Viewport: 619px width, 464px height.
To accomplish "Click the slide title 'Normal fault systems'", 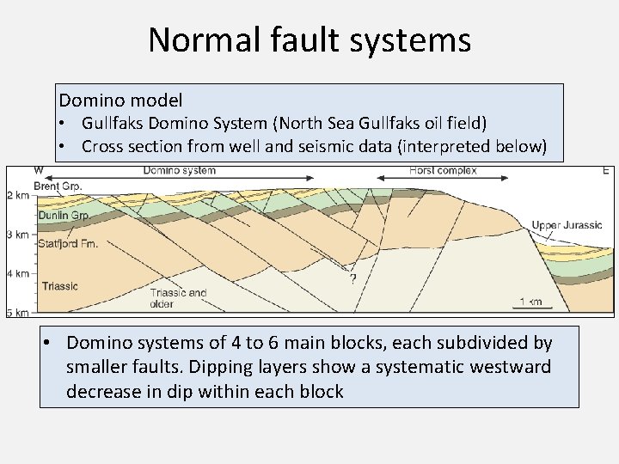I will click(309, 40).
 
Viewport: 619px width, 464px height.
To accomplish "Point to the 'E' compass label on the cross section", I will click(605, 171).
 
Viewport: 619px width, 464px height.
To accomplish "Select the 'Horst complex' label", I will click(443, 171).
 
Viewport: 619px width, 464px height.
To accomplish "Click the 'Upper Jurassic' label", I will click(567, 225).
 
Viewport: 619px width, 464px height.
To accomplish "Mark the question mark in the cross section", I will click(352, 278).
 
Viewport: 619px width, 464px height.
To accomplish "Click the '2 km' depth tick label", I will click(18, 196).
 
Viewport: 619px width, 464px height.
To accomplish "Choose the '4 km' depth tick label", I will click(18, 273).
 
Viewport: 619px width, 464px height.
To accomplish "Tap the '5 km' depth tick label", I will click(18, 311).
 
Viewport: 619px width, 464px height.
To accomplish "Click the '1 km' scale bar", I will click(530, 302).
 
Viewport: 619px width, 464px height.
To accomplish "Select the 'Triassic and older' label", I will click(178, 298).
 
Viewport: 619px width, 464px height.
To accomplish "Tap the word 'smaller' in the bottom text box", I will click(99, 368).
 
